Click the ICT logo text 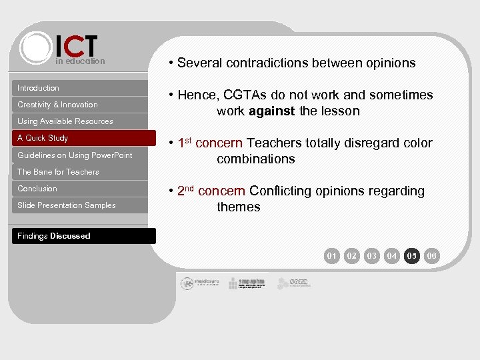coord(77,46)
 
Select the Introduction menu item coord(39,88)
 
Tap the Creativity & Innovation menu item coord(57,105)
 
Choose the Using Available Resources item coord(65,121)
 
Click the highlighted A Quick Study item coord(43,138)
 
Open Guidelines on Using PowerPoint coord(75,155)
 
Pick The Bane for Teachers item coord(58,172)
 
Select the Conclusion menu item coord(37,189)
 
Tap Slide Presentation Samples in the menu coord(67,205)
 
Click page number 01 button coord(332,255)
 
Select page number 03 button coord(372,255)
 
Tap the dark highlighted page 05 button coord(412,255)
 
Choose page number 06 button coord(432,255)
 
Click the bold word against coord(271,111)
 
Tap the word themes coord(238,207)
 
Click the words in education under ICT coord(80,61)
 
